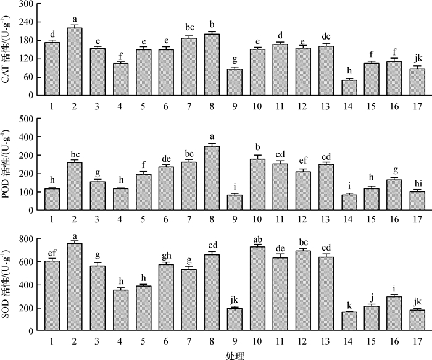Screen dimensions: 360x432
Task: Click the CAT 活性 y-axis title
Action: coord(9,50)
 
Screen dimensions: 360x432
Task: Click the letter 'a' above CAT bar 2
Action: coord(74,19)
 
